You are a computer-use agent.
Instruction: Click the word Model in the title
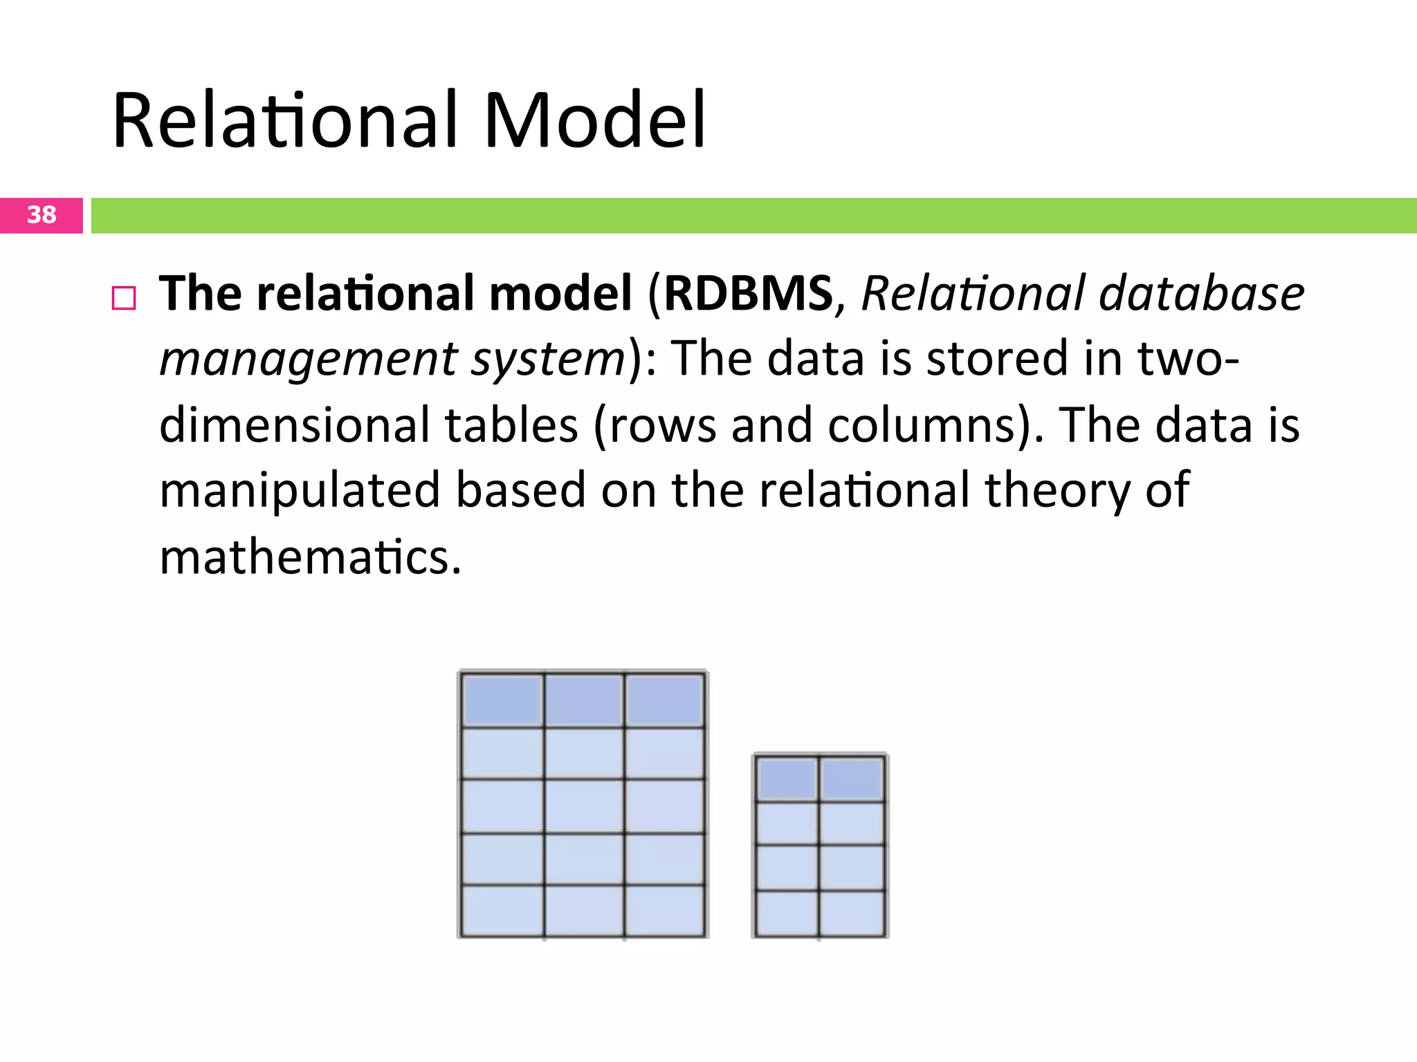pyautogui.click(x=595, y=120)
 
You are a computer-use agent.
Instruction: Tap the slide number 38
pyautogui.click(x=42, y=215)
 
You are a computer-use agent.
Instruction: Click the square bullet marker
pyautogui.click(x=124, y=298)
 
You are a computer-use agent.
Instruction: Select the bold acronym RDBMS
pyautogui.click(x=748, y=293)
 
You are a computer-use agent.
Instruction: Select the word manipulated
pyautogui.click(x=300, y=490)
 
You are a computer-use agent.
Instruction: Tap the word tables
pyautogui.click(x=511, y=425)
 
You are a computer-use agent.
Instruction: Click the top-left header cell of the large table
pyautogui.click(x=503, y=700)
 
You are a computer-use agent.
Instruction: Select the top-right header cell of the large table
pyautogui.click(x=665, y=700)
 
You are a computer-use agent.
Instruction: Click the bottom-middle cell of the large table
pyautogui.click(x=584, y=911)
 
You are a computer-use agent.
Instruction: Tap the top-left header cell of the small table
pyautogui.click(x=787, y=779)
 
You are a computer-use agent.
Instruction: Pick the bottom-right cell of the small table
pyautogui.click(x=852, y=914)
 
